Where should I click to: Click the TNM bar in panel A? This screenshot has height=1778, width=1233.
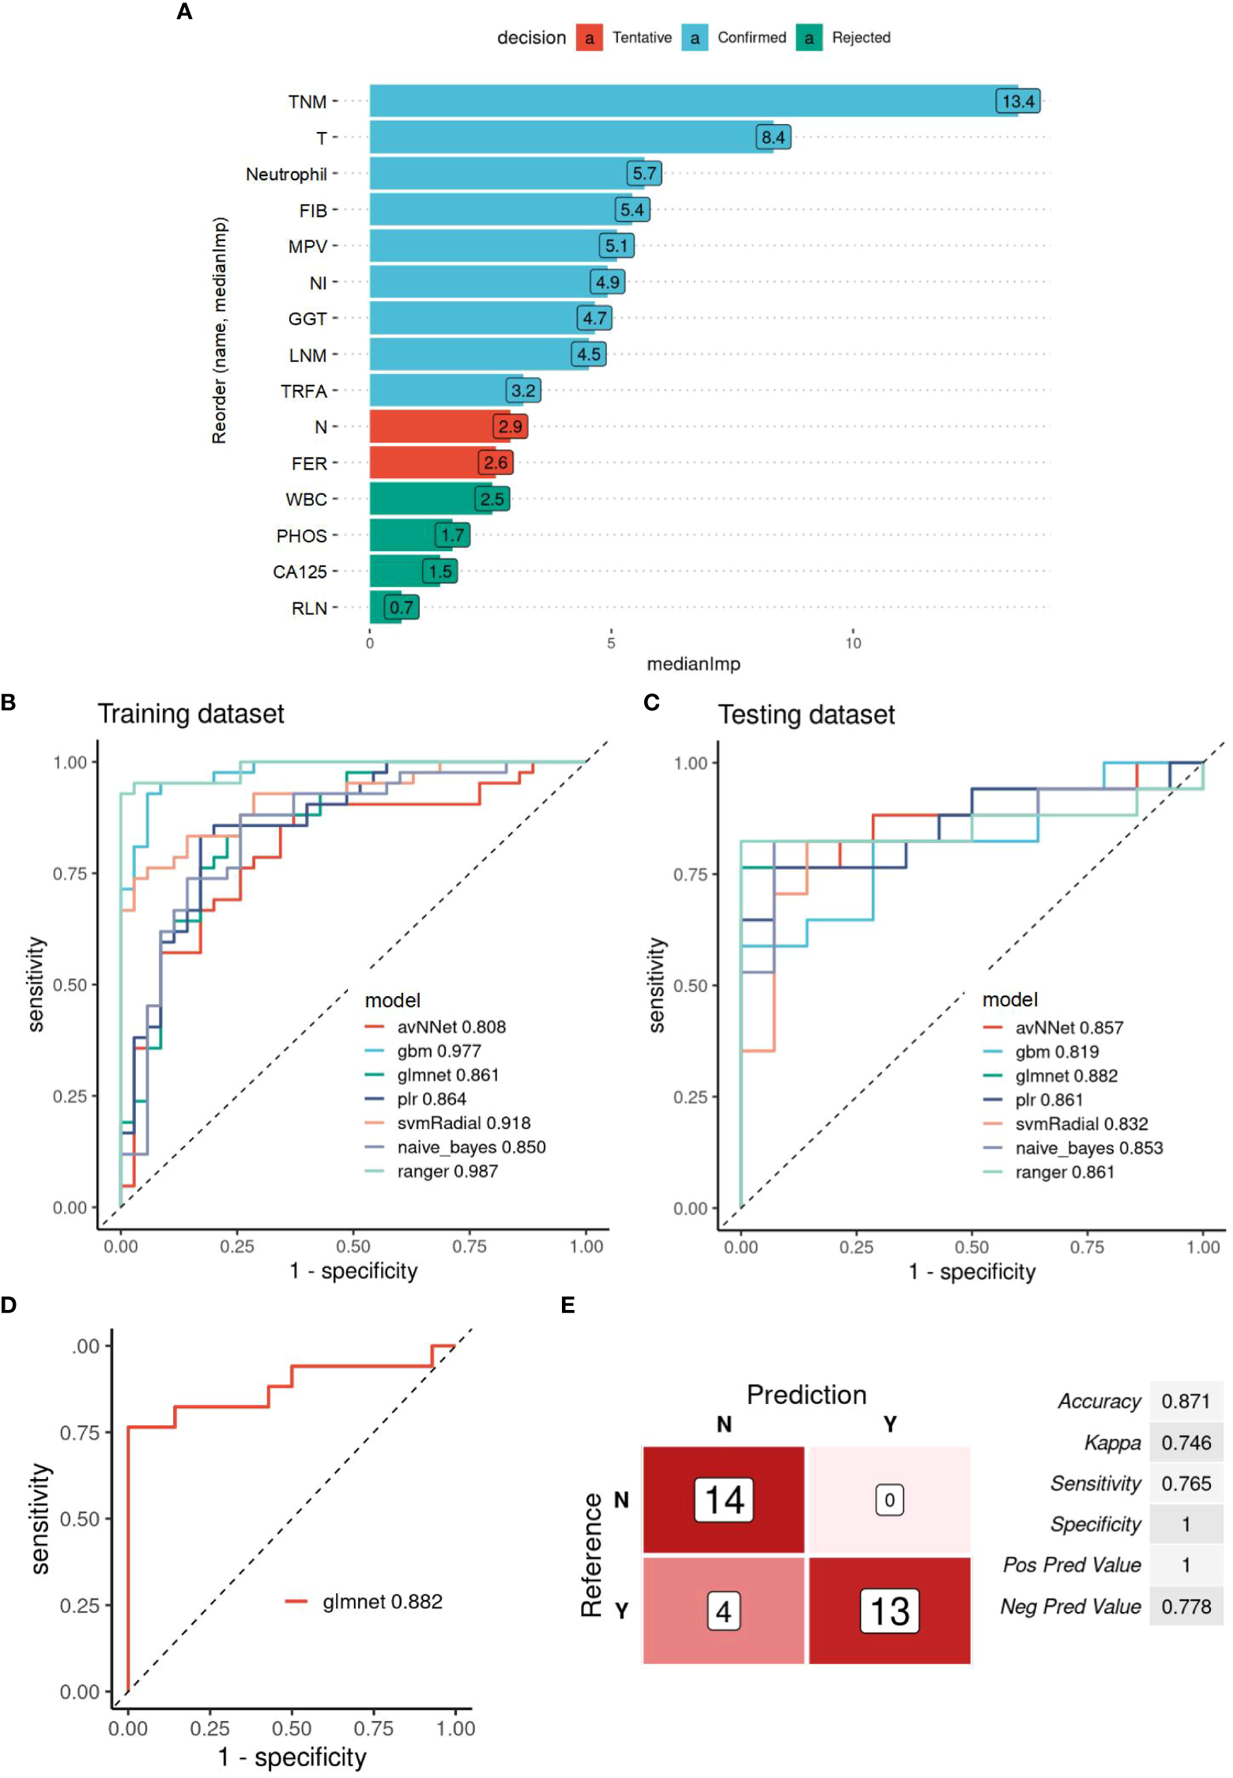(x=680, y=101)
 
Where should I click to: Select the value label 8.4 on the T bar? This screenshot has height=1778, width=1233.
(x=773, y=138)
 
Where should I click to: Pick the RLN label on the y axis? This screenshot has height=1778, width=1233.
(x=309, y=608)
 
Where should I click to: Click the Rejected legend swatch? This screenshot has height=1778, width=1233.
(x=809, y=38)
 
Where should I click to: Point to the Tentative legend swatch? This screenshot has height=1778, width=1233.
(x=589, y=38)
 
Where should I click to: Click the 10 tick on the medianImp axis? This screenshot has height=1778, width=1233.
(x=853, y=643)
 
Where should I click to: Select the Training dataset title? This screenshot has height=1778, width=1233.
(x=190, y=714)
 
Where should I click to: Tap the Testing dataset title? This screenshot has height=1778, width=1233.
(x=806, y=715)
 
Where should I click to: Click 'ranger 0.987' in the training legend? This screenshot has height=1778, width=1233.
(x=447, y=1171)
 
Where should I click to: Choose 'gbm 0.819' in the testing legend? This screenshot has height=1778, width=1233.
(x=1057, y=1051)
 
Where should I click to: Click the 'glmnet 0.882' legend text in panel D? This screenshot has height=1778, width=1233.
(x=383, y=1602)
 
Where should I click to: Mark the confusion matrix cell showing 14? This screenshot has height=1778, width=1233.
(x=723, y=1500)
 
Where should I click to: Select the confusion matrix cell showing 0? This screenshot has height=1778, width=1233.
(x=889, y=1500)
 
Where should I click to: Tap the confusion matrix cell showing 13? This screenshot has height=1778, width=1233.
(x=889, y=1611)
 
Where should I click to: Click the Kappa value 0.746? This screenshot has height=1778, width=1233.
(x=1186, y=1443)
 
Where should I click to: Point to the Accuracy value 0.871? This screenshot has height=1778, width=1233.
(x=1186, y=1402)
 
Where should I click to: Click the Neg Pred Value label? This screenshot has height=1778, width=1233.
(x=1070, y=1606)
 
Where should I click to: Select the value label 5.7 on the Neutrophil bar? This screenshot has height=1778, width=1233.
(x=644, y=173)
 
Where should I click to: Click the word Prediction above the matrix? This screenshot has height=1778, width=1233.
(x=806, y=1395)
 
